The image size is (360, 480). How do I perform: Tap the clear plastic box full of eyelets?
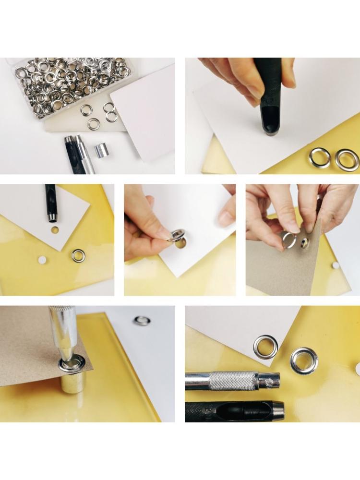click(72, 86)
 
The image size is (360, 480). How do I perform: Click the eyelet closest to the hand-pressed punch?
click(320, 157)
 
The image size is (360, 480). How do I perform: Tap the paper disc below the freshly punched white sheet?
click(42, 260)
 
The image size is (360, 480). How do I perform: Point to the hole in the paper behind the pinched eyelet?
click(181, 243)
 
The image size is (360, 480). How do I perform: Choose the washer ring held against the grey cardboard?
click(289, 239)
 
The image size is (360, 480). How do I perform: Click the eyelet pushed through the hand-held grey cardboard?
click(304, 243)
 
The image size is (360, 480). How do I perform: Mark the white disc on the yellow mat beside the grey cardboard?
click(336, 265)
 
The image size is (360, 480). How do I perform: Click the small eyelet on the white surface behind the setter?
click(142, 320)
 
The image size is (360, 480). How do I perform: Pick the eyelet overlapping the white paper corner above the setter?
click(265, 347)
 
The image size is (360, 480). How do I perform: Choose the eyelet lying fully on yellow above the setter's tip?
click(304, 360)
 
